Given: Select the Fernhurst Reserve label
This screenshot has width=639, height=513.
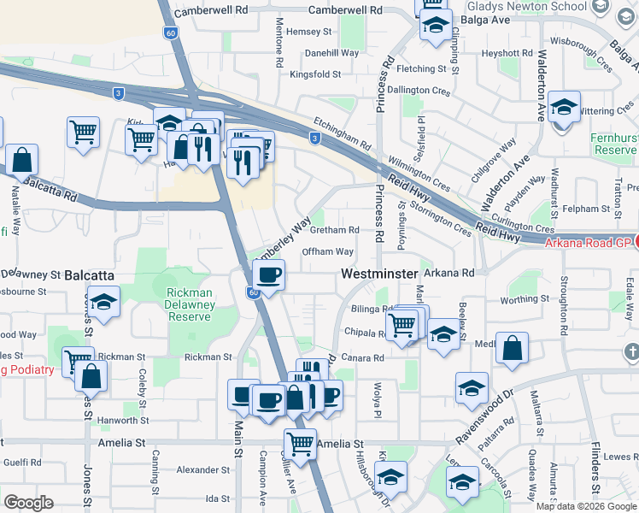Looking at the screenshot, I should pos(613,144).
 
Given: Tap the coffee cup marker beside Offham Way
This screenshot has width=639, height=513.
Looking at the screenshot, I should pos(269,275).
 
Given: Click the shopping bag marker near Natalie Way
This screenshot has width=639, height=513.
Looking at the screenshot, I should pos(22,159).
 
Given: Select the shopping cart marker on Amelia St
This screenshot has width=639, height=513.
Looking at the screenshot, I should pos(300,444).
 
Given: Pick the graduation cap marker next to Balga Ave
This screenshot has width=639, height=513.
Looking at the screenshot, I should pos(436,26).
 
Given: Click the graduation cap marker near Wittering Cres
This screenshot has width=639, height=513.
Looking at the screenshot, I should pos(564,108).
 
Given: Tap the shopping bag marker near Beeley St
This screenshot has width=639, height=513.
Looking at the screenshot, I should pos(512,348).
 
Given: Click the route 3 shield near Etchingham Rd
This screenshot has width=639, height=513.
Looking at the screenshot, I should pos(315,139).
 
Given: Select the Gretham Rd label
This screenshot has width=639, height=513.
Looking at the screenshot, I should pos(334,230).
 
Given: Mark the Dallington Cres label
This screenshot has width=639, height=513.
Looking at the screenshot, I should pos(419,90).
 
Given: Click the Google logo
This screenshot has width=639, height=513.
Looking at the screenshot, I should pos(28,503).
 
